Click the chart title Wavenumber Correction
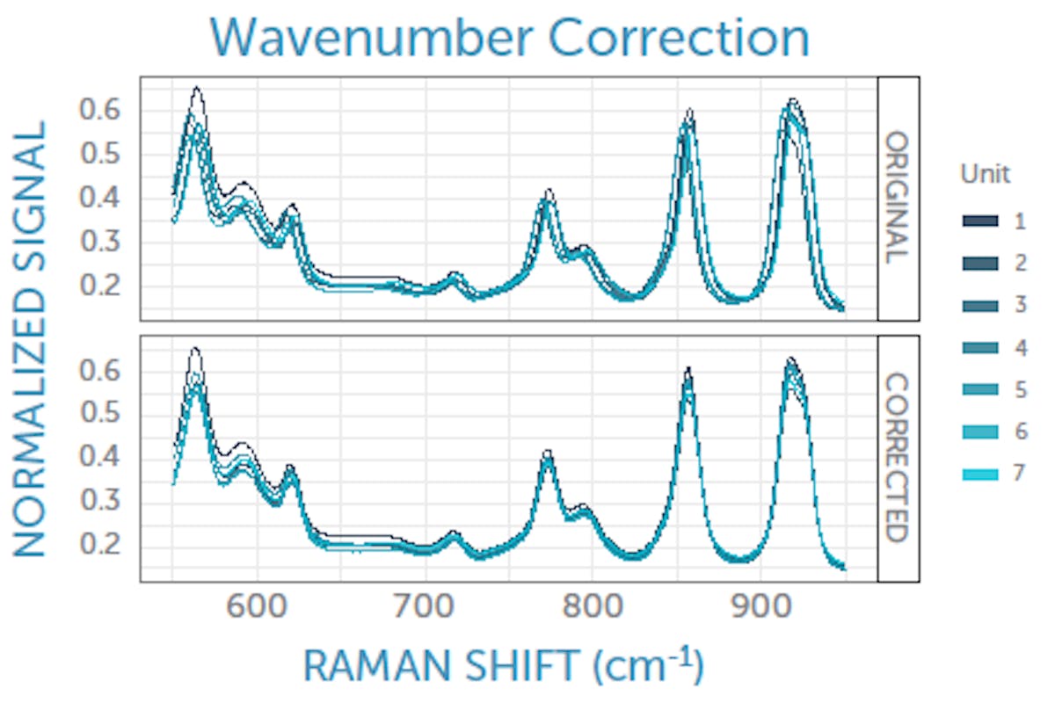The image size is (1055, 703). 509,38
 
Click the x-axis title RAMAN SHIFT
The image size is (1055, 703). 503,665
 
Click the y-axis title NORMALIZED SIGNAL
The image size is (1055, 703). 30,338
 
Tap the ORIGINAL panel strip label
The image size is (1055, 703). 898,198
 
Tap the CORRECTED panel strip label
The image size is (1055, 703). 898,458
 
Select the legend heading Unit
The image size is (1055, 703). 985,174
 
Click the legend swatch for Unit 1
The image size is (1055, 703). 979,221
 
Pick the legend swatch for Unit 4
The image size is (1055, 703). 979,348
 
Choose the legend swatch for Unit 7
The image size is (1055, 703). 979,475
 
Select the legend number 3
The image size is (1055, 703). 1020,305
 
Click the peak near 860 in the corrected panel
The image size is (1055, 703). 688,369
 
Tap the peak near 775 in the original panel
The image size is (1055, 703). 549,192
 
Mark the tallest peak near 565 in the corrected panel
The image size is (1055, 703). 195,350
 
